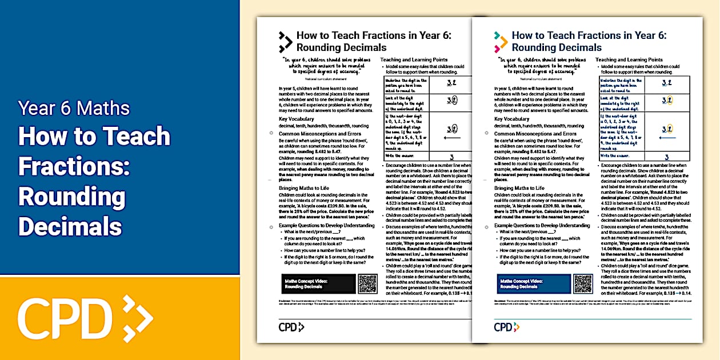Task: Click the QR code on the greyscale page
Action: pyautogui.click(x=367, y=283)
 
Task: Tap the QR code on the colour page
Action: pyautogui.click(x=583, y=283)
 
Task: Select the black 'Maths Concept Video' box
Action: pyautogui.click(x=319, y=284)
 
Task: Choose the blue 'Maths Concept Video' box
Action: pyautogui.click(x=534, y=284)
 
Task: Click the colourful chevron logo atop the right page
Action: pyautogui.click(x=501, y=42)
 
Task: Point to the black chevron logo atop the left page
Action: pyautogui.click(x=285, y=42)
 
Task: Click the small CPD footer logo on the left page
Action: pyautogui.click(x=291, y=327)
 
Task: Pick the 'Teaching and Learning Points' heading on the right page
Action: pyautogui.click(x=629, y=59)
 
